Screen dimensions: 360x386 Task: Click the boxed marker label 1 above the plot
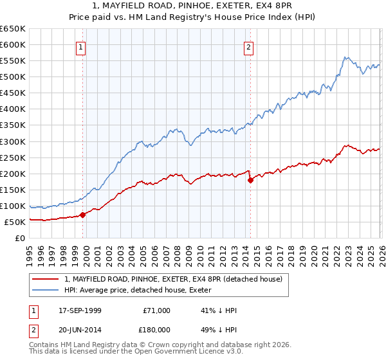pyautogui.click(x=81, y=46)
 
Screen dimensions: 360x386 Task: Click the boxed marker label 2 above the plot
pyautogui.click(x=248, y=46)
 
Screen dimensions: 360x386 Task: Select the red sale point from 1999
pyautogui.click(x=83, y=215)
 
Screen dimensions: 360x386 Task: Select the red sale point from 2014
pyautogui.click(x=250, y=180)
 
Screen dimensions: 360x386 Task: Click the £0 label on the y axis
pyautogui.click(x=21, y=239)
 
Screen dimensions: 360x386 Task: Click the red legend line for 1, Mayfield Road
pyautogui.click(x=46, y=279)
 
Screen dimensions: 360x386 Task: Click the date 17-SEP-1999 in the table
pyautogui.click(x=79, y=310)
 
